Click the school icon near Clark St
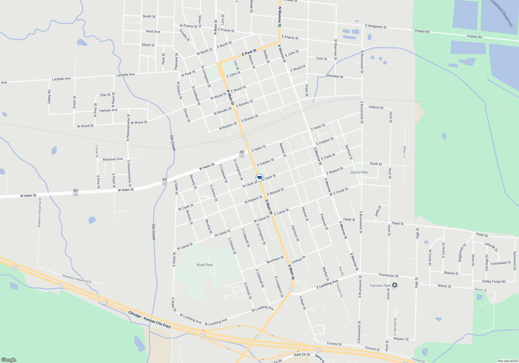click(259, 178)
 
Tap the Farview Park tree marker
click(394, 285)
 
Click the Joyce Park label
click(359, 172)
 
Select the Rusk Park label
click(204, 265)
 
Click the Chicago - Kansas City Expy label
click(149, 319)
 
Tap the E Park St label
click(249, 52)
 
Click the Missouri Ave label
click(113, 159)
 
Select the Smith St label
click(149, 16)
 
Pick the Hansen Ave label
click(108, 110)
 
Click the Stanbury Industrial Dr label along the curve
click(77, 279)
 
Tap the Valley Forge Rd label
click(494, 281)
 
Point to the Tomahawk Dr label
click(500, 263)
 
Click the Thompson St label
click(388, 275)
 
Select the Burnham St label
click(275, 260)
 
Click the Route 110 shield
click(105, 303)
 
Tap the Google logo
click(9, 360)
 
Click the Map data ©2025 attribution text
click(508, 361)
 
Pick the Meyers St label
click(401, 339)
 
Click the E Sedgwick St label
click(376, 26)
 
